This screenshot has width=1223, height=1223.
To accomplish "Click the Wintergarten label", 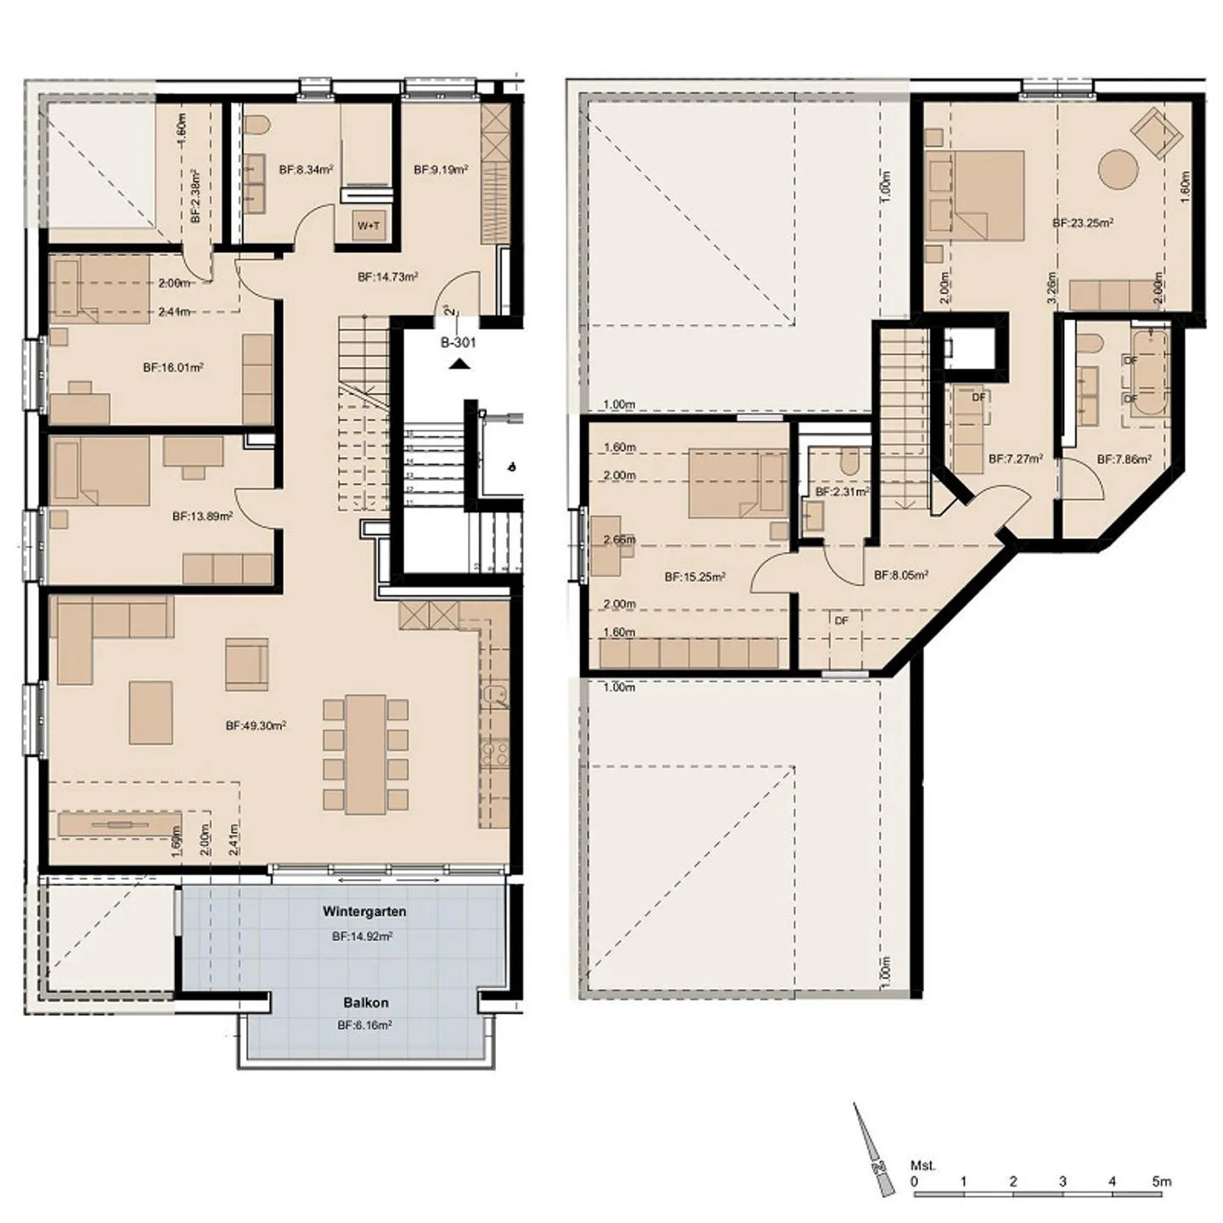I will point(364,911).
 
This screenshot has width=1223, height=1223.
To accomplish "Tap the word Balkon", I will point(366,1002).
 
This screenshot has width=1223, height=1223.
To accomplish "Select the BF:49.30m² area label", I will point(256,726).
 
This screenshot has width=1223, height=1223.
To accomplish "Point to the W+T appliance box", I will point(369,226).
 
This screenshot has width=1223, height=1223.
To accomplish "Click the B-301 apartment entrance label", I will point(458,343).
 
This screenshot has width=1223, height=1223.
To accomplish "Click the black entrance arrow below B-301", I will point(459,364).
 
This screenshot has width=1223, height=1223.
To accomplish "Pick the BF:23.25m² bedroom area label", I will point(1083,223).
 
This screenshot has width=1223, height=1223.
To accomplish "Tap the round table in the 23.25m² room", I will point(1118,169).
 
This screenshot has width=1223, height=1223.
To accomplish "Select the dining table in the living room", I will point(365,754).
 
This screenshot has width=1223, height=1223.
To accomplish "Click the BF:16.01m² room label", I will point(173,368).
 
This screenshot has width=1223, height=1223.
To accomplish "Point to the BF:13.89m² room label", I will point(202,516).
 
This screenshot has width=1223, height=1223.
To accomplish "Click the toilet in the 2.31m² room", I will point(848,463).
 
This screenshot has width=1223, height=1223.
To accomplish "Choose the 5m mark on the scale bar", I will point(1161,1181).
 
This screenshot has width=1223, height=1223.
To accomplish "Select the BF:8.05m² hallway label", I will point(900,575).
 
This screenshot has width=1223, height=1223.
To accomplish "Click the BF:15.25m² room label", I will point(695,578).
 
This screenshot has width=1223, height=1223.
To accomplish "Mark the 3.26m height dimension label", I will point(1052,287).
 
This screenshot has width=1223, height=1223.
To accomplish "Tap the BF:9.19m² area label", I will point(441,170).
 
